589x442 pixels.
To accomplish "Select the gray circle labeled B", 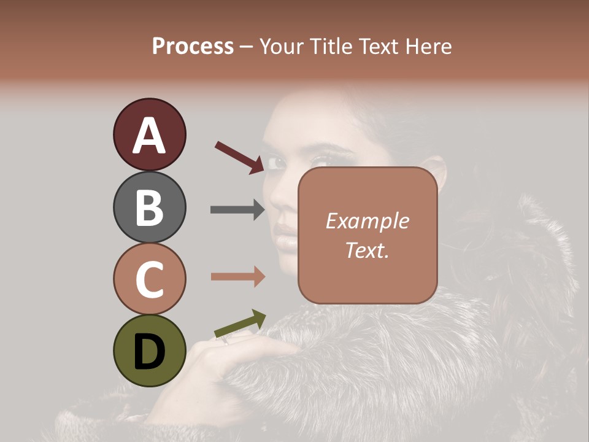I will (x=149, y=207).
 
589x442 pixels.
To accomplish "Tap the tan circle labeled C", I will (x=149, y=279).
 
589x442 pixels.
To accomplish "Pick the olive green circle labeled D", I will (x=149, y=351).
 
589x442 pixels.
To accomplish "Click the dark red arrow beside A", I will (x=239, y=157).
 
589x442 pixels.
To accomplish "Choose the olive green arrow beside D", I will (x=240, y=324).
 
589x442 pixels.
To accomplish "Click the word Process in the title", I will (x=193, y=46).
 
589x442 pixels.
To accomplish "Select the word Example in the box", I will (x=367, y=221).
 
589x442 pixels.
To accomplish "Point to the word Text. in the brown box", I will (x=367, y=250).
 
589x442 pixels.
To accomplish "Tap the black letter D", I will (x=149, y=352).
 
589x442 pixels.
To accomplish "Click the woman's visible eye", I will (x=277, y=163).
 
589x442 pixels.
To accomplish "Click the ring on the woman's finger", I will (x=226, y=339).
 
